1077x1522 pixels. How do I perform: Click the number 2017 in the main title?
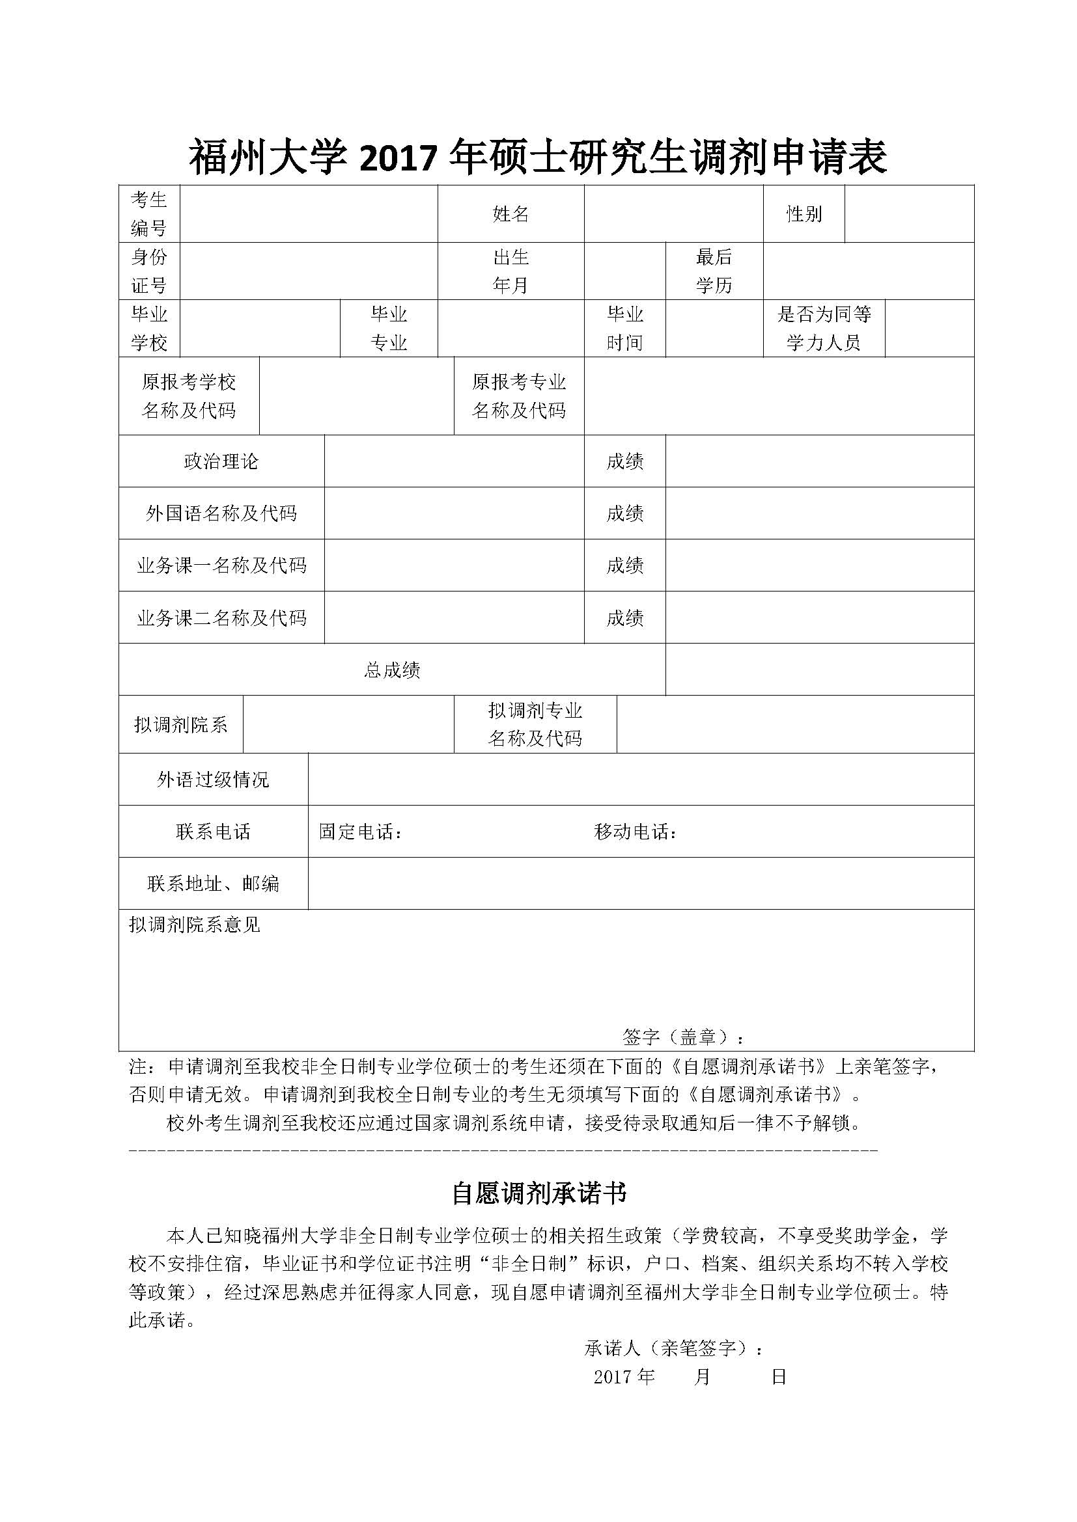(398, 159)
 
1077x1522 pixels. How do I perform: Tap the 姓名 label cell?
(511, 213)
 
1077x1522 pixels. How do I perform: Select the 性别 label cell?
(804, 213)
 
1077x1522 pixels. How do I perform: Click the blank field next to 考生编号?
(309, 213)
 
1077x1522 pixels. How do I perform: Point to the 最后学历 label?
(714, 271)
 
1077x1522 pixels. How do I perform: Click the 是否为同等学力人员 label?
(824, 328)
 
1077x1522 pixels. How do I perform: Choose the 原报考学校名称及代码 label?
(189, 396)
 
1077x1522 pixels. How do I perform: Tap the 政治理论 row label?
(221, 461)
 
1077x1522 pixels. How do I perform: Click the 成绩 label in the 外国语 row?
(624, 513)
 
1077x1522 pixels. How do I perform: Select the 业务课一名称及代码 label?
(221, 565)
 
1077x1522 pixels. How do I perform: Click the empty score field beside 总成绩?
(819, 670)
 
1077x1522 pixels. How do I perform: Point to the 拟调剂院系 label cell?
(180, 724)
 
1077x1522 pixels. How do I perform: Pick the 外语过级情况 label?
(213, 780)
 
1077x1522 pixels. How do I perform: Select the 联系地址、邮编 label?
(213, 884)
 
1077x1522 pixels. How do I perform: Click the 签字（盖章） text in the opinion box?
(684, 1037)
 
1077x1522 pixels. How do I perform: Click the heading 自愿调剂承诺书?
(538, 1193)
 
